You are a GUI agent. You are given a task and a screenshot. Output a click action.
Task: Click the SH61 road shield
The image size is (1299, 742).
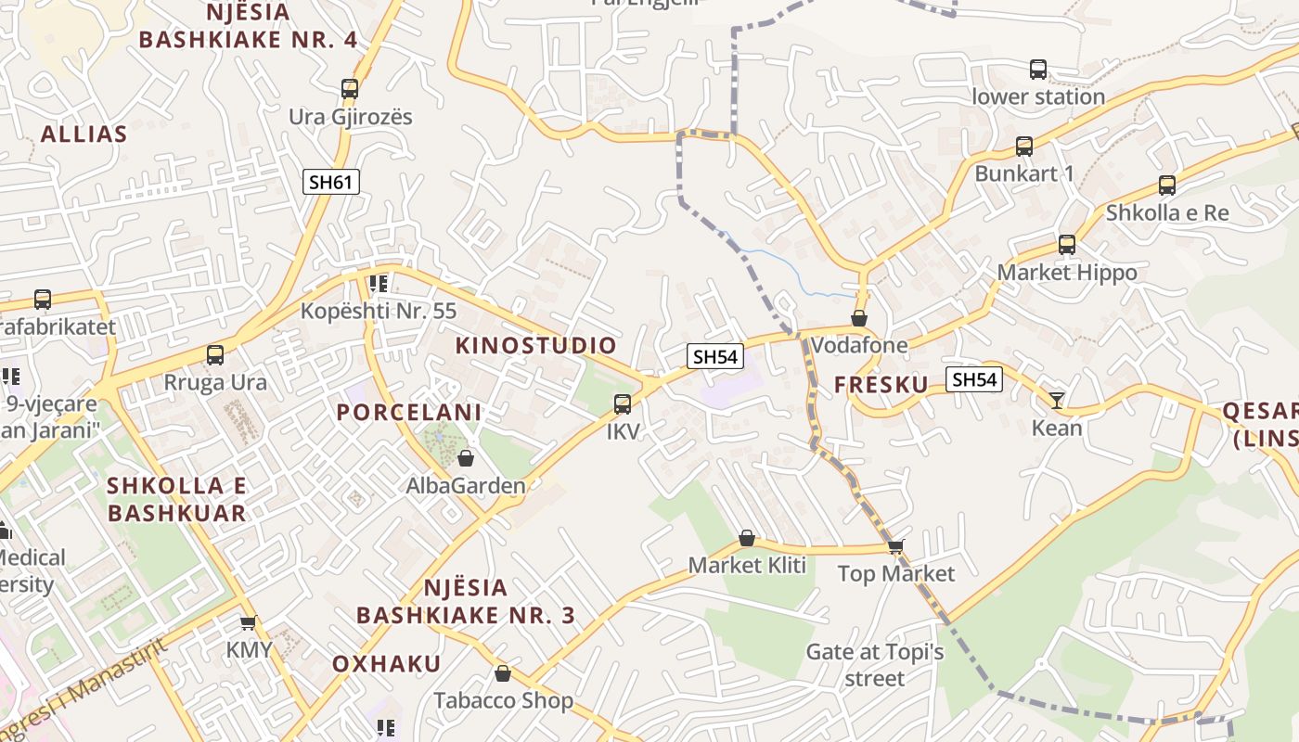[331, 182]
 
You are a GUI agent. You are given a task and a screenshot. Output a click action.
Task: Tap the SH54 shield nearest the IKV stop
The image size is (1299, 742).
[716, 356]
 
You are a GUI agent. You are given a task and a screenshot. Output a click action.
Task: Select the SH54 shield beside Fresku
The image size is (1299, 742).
[974, 378]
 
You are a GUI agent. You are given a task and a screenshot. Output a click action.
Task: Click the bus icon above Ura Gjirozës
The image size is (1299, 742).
[350, 89]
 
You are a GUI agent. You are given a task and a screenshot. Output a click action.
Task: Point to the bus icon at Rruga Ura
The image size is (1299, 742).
[215, 354]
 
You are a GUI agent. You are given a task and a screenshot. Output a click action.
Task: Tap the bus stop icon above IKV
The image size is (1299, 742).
[623, 404]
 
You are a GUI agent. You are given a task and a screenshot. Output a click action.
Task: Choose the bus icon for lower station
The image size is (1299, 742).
[1038, 70]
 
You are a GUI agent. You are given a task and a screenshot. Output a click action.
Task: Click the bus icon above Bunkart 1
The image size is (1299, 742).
[1024, 147]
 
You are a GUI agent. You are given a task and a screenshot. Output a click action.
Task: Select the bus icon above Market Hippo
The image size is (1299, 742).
[1067, 245]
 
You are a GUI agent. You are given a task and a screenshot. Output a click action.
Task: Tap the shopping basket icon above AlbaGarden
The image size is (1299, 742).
[466, 458]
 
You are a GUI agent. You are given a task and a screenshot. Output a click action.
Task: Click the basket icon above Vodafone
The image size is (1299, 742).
[860, 318]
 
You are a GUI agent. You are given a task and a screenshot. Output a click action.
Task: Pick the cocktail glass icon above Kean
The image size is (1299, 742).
[1057, 401]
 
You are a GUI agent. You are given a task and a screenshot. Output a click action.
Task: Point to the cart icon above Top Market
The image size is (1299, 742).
[895, 546]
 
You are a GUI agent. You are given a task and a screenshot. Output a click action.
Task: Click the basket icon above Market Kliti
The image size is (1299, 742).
[747, 538]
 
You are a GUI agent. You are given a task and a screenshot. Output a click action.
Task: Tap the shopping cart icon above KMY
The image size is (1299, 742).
[248, 621]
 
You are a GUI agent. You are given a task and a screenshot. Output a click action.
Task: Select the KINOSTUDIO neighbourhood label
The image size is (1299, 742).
[536, 345]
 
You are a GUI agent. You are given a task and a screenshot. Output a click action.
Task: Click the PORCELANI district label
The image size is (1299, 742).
[409, 413]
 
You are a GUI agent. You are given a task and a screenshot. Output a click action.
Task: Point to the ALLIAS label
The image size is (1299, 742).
[84, 134]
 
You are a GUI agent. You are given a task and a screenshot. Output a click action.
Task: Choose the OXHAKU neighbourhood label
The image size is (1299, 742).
[387, 663]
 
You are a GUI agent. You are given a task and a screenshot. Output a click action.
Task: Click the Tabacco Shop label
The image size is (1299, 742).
[504, 700]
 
